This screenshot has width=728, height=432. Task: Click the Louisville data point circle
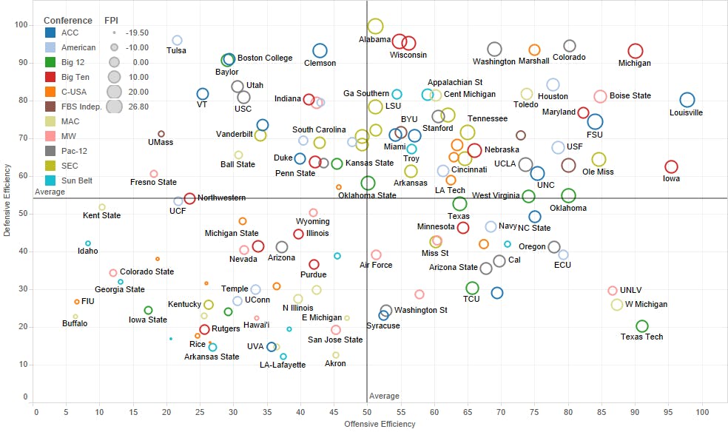pyautogui.click(x=687, y=100)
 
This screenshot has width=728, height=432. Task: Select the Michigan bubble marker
pyautogui.click(x=635, y=51)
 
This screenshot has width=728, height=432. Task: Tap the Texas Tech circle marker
pyautogui.click(x=642, y=326)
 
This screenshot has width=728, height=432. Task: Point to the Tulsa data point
pyautogui.click(x=177, y=40)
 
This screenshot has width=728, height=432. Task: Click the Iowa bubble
pyautogui.click(x=671, y=167)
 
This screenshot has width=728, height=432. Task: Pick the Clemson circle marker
pyautogui.click(x=320, y=50)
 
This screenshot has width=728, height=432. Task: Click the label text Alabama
pyautogui.click(x=375, y=39)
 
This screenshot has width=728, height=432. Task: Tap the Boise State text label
pyautogui.click(x=630, y=96)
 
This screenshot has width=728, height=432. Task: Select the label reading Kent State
pyautogui.click(x=101, y=216)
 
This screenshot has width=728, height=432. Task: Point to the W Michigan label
pyautogui.click(x=646, y=305)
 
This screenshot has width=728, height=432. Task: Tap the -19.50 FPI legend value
pyautogui.click(x=137, y=33)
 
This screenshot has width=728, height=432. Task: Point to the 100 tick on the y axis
pyautogui.click(x=21, y=25)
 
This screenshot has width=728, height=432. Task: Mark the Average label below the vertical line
pyautogui.click(x=384, y=396)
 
